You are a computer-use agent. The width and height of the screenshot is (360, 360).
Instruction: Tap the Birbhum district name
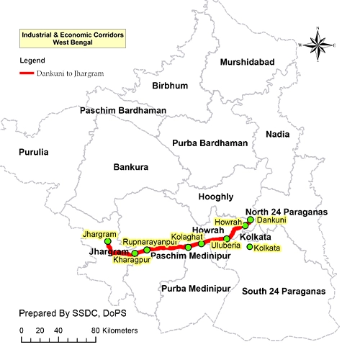pos(170,86)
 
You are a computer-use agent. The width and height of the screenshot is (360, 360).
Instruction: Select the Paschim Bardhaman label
pos(122,111)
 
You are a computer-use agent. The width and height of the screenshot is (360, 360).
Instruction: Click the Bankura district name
pos(131,167)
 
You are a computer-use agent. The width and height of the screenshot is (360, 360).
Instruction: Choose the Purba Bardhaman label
pos(210,143)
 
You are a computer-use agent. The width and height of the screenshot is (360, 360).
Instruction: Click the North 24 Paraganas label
pos(286,211)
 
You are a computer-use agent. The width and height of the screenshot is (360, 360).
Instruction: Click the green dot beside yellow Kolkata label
pos(250,248)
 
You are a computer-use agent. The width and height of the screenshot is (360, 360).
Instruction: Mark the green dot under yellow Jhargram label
pos(108,242)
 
